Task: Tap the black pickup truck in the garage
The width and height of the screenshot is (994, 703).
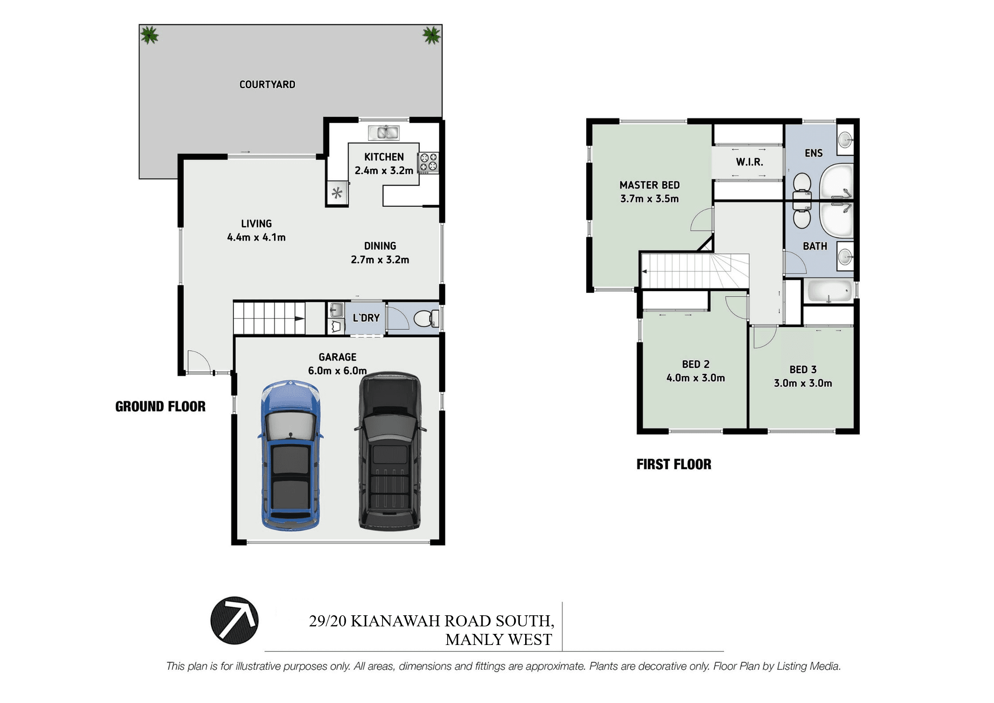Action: coord(390,451)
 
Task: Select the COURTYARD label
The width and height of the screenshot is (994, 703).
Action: coord(267,85)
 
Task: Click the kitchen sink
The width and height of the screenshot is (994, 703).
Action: coord(384,132)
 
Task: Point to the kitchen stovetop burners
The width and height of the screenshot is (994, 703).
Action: coord(428,162)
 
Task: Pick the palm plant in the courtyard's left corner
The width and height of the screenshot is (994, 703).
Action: coord(149,35)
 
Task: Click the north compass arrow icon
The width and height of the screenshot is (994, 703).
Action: coord(234,620)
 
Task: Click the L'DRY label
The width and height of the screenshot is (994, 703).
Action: coord(366,318)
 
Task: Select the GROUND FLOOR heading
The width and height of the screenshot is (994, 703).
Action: coord(160,407)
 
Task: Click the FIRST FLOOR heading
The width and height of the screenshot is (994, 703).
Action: coord(674,464)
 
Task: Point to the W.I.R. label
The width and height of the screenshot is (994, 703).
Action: coord(750,162)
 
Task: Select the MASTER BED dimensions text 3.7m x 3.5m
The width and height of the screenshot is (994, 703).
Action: coord(650,199)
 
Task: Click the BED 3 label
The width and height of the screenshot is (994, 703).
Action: coord(803,369)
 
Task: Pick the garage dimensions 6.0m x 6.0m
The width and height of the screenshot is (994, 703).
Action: coord(337,371)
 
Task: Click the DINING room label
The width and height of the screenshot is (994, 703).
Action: coord(380,246)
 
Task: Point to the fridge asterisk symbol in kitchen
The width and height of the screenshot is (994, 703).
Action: coord(337,193)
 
